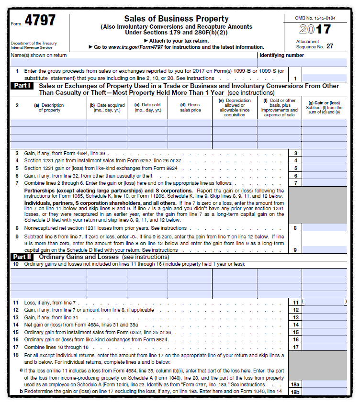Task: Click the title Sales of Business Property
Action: click(x=176, y=19)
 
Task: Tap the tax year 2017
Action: click(x=315, y=30)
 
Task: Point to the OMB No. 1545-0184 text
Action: click(x=315, y=18)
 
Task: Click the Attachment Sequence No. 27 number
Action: click(x=330, y=47)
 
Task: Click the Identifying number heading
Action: click(x=281, y=56)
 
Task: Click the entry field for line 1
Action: click(x=324, y=78)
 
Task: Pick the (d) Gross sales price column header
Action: click(x=190, y=108)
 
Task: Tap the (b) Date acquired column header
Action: click(x=107, y=108)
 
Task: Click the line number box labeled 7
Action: click(x=295, y=183)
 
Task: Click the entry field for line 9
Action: click(x=324, y=250)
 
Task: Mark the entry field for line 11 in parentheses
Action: click(x=324, y=303)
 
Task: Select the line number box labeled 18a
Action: click(x=295, y=384)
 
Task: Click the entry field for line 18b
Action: click(x=324, y=392)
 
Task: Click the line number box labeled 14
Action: click(x=295, y=325)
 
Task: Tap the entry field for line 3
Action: click(x=324, y=153)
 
